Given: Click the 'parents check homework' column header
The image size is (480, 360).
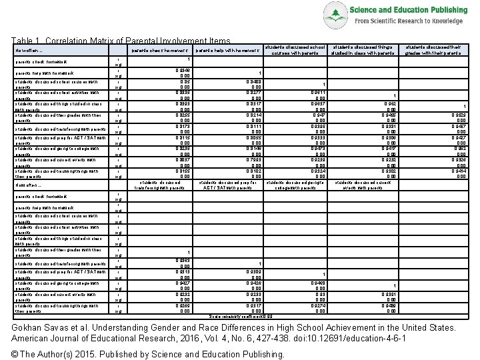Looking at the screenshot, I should coord(161,51).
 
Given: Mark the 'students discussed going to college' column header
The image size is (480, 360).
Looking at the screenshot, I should coord(295,185).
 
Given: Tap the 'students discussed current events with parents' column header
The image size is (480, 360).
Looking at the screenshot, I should coord(364,185).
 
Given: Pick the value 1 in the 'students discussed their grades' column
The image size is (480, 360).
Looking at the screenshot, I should coord(465,106).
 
